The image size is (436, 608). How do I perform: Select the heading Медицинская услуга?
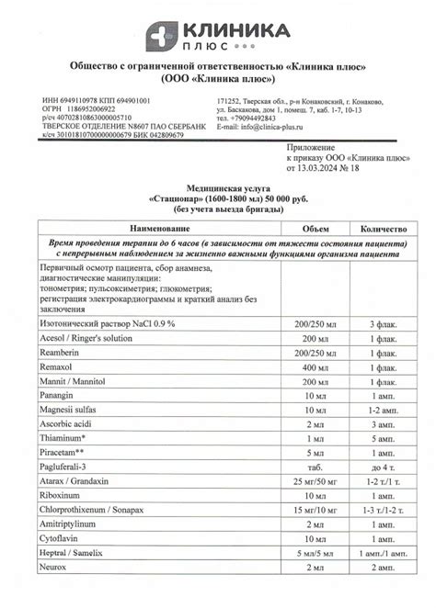tap(217, 186)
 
